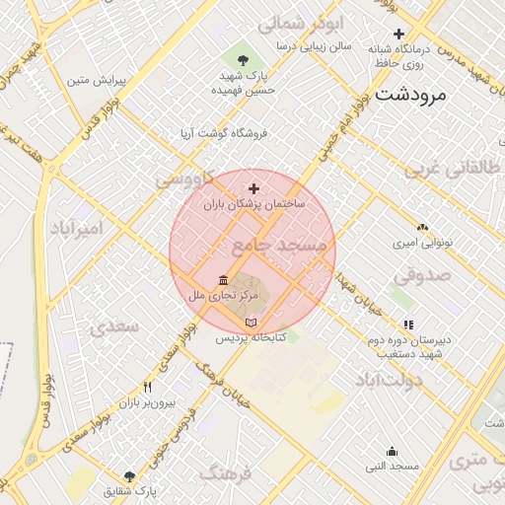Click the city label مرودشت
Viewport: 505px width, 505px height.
pos(410,96)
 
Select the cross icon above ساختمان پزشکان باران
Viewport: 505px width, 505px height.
pos(253,188)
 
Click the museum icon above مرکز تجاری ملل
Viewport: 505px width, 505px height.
pos(223,281)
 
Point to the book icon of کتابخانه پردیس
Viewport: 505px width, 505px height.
pos(251,323)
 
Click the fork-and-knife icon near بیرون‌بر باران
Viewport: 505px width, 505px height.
pos(147,387)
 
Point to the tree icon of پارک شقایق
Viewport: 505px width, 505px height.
pos(129,476)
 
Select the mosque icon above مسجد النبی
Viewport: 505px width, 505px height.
pos(392,452)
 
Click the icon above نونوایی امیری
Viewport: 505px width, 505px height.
pos(422,227)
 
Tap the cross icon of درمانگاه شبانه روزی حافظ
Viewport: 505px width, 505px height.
pos(398,35)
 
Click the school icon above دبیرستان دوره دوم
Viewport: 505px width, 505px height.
pos(408,324)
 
